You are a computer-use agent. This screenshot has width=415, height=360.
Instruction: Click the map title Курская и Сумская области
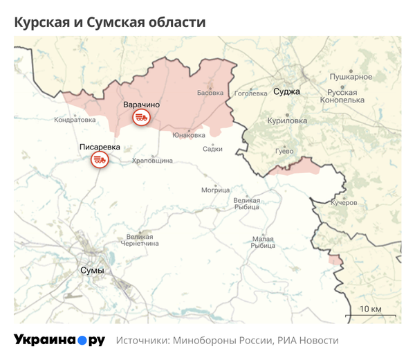pos(110,22)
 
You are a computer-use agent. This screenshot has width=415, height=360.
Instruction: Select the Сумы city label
pos(92,270)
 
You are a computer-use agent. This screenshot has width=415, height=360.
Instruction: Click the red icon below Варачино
pos(141,117)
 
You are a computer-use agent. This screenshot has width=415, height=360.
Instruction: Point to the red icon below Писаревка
pos(100,161)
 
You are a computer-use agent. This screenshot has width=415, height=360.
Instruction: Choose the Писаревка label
pos(100,147)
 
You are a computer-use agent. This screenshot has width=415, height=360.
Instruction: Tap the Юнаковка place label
pos(189,135)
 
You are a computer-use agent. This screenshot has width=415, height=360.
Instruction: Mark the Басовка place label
pos(210,92)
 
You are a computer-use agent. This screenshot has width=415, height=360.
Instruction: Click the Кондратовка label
pos(75,120)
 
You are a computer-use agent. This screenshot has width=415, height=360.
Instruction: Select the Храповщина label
pos(151,161)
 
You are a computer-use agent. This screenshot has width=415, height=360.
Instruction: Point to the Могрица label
pos(214,189)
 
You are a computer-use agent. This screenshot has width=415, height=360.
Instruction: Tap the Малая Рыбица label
pos(263,242)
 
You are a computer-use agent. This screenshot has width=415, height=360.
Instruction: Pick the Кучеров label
pos(344,203)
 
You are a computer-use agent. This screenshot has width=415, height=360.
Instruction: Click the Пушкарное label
pos(351,77)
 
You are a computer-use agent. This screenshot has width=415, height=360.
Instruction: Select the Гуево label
pos(284,151)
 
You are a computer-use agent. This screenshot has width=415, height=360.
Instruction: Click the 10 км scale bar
pos(371,311)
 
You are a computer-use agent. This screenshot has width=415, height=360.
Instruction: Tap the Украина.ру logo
pos(59,340)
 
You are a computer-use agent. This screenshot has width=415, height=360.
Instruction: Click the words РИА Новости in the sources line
pos(308,341)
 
